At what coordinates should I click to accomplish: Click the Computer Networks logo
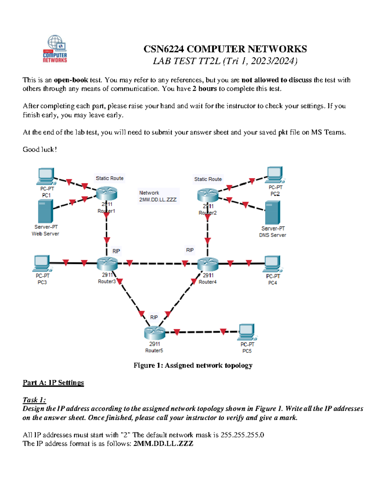[x=55, y=49]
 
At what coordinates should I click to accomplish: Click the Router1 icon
[x=106, y=194]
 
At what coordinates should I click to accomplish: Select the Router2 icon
[x=208, y=195]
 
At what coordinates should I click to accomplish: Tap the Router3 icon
[x=107, y=264]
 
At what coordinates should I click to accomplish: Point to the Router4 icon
[x=208, y=264]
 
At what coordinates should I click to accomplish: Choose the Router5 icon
[x=154, y=333]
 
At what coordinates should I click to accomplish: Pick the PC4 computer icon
[x=273, y=264]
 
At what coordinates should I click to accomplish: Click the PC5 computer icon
[x=247, y=332]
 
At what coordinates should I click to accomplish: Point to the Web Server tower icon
[x=45, y=211]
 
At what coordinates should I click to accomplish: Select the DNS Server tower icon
[x=272, y=212]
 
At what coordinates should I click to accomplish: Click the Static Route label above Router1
[x=109, y=178]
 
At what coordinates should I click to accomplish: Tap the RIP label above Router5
[x=154, y=317]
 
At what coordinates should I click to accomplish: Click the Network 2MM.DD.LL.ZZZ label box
[x=158, y=196]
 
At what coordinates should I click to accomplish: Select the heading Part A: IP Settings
[x=53, y=382]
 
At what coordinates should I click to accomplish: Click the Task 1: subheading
[x=34, y=400]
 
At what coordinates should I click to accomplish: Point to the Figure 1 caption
[x=193, y=365]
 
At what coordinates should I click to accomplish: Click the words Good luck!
[x=40, y=149]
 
